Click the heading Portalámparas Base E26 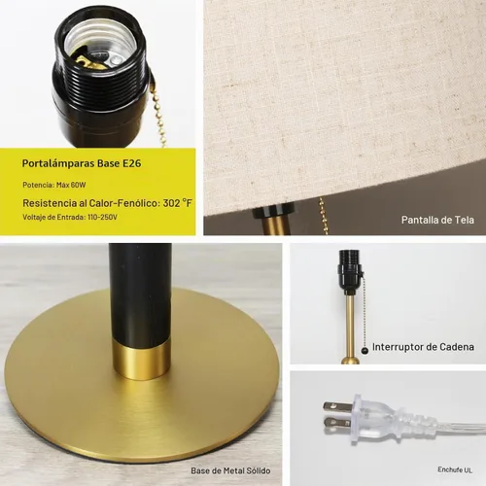point(82,163)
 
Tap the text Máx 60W point(71,185)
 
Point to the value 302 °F point(177,203)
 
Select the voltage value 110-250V point(102,217)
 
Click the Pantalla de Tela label point(437,220)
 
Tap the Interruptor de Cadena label point(423,347)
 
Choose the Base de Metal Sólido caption point(230,470)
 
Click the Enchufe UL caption point(455,469)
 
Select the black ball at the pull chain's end point(364,350)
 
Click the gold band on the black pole point(142,359)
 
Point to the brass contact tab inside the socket point(87,62)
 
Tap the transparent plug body point(376,415)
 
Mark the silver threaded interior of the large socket point(100,42)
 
